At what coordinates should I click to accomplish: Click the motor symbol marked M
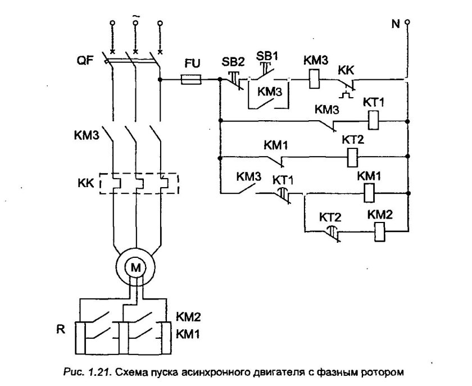pyautogui.click(x=135, y=268)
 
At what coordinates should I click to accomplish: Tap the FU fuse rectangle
pyautogui.click(x=192, y=80)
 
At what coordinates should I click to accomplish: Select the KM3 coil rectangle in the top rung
pyautogui.click(x=314, y=79)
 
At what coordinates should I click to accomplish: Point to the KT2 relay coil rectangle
pyautogui.click(x=353, y=156)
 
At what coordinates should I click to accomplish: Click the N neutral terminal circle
pyautogui.click(x=407, y=22)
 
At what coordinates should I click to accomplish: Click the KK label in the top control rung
pyautogui.click(x=346, y=71)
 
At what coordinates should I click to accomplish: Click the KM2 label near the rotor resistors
pyautogui.click(x=189, y=316)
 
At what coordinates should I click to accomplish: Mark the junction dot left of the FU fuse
pyautogui.click(x=162, y=80)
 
